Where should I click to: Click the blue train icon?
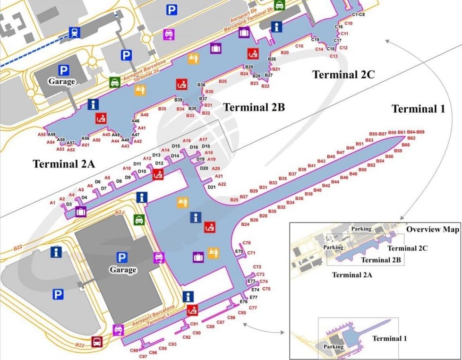coord(74,32)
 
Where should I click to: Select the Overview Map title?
coord(433,230)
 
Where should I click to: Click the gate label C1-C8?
coord(359,15)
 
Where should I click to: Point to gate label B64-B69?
coord(416,132)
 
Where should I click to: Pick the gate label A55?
coord(42,135)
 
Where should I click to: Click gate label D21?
coord(212,187)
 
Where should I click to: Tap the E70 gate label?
coord(239,251)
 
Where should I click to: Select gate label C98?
coord(135,351)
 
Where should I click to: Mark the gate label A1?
coord(52,203)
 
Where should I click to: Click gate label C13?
coord(334,56)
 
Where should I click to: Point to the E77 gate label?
coord(253,297)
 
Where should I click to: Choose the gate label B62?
coord(411,138)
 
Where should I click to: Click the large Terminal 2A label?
coord(64,164)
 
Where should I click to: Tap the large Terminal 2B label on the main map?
coord(254,107)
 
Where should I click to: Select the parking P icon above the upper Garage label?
coord(64,70)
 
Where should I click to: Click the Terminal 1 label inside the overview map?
coord(389,338)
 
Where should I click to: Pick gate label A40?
coord(145,115)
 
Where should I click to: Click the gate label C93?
coord(172,344)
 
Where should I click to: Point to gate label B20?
coord(284,52)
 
